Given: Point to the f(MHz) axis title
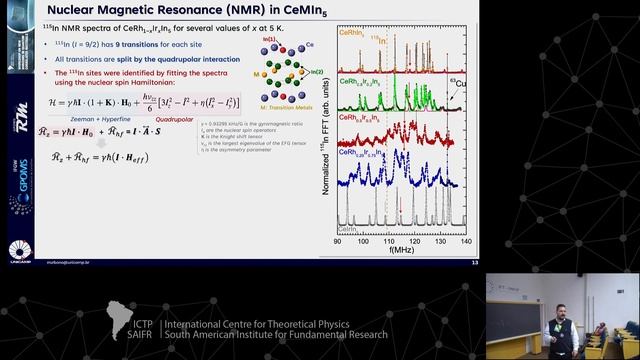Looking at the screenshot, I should point(402,251).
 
